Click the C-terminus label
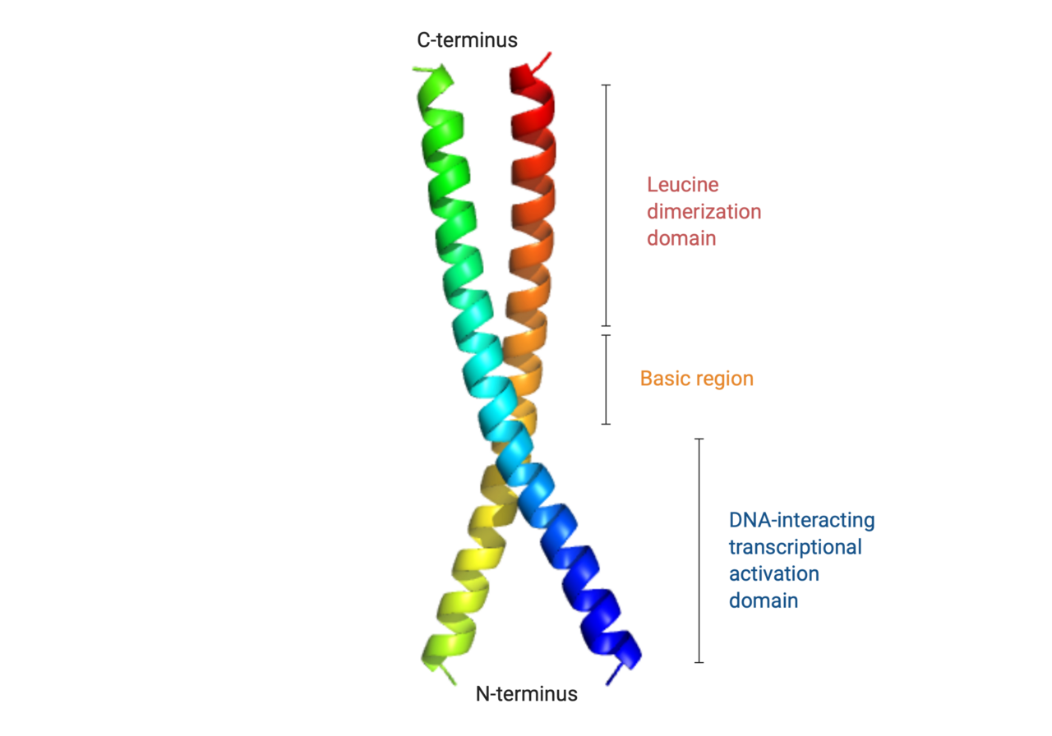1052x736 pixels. pos(467,40)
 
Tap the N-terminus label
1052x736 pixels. pos(527,694)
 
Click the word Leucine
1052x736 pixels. pos(682,185)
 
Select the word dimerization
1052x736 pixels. pos(704,212)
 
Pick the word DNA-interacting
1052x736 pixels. pos(801,520)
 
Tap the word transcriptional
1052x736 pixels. pos(795,547)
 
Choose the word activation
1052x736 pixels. pos(774,573)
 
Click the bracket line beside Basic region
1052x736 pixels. pos(606,379)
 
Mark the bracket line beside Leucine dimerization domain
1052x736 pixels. pos(606,205)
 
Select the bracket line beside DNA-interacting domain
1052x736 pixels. pos(699,550)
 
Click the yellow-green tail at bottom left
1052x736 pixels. pos(449,676)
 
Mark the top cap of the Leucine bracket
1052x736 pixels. pos(606,85)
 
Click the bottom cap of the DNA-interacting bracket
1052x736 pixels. pos(699,662)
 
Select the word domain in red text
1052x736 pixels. pos(681,238)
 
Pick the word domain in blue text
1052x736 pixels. pos(764,600)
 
